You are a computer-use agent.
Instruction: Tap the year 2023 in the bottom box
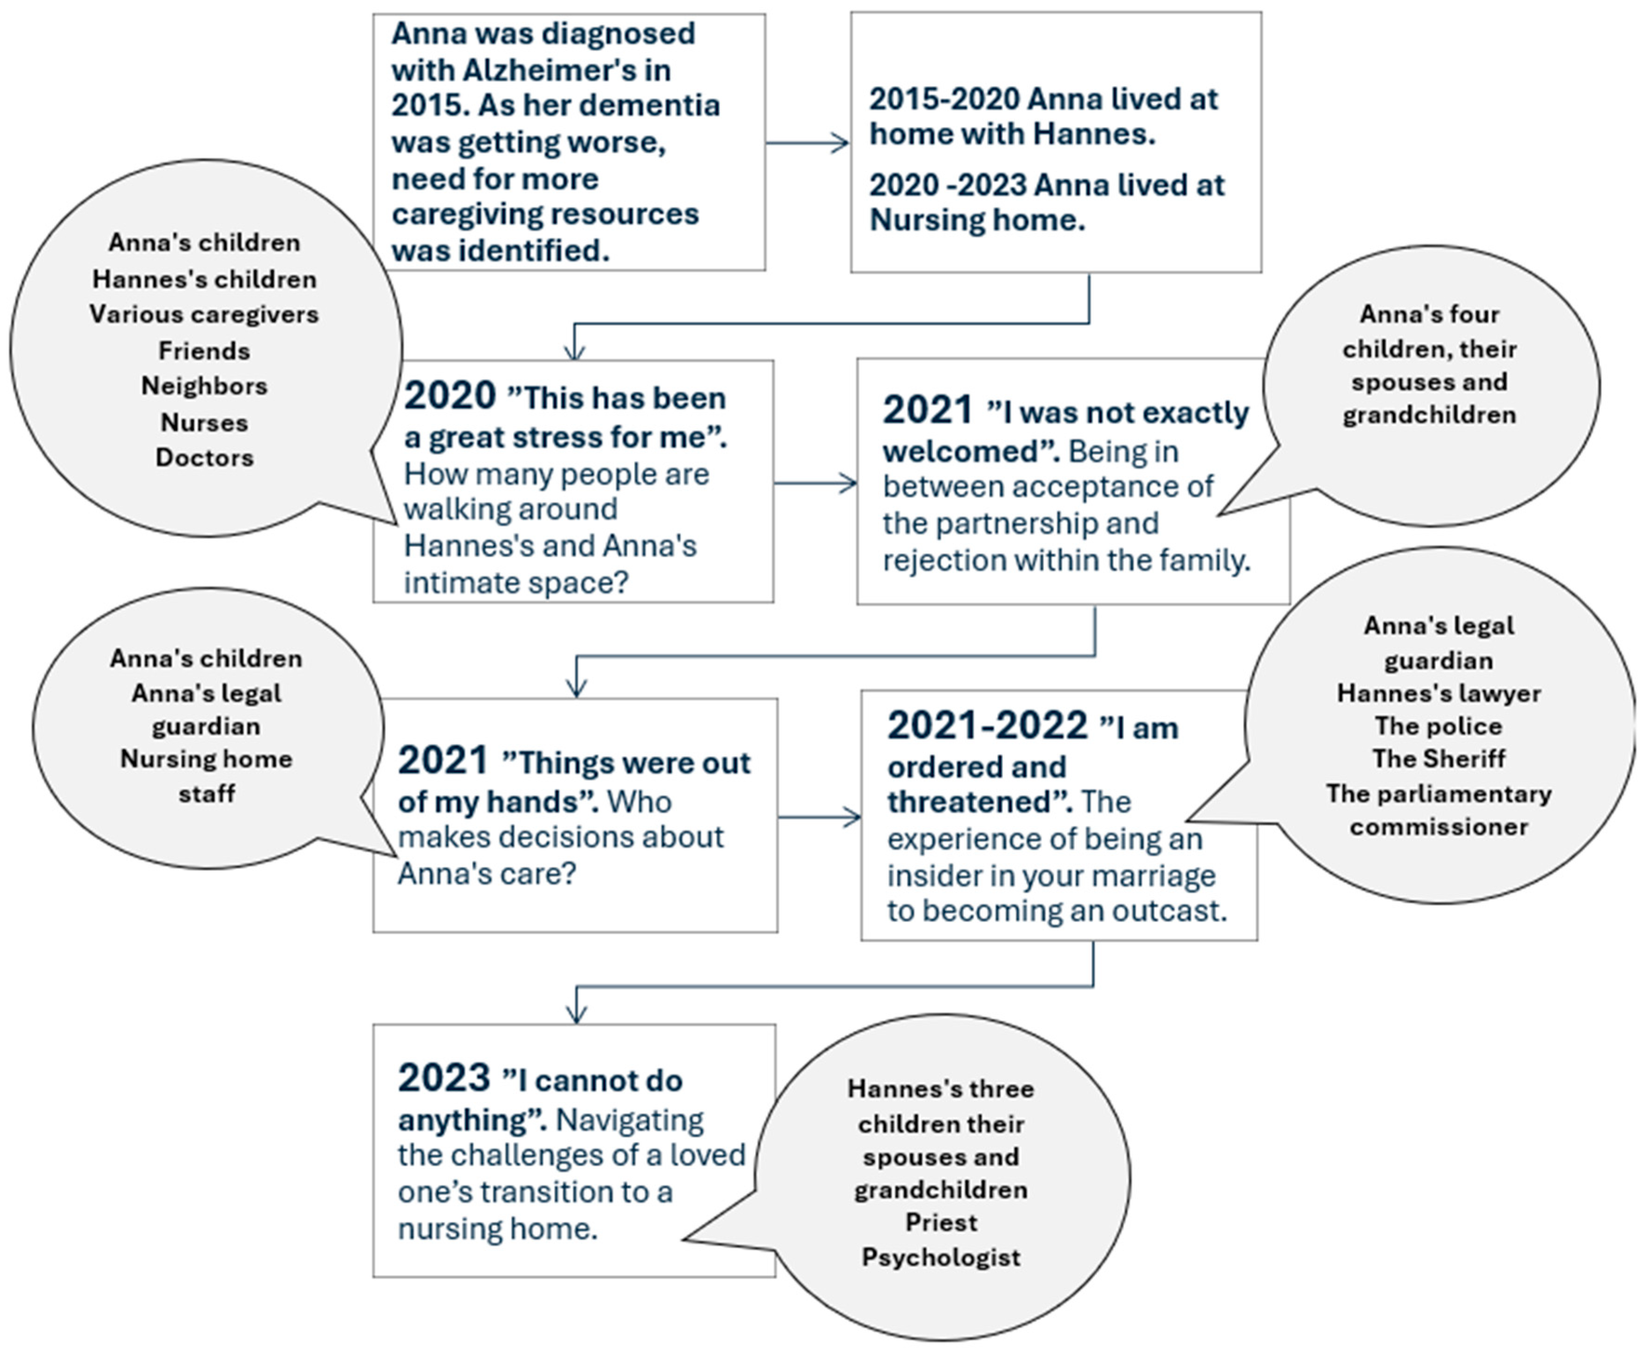tap(444, 1079)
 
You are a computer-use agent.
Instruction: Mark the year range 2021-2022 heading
tap(987, 726)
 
